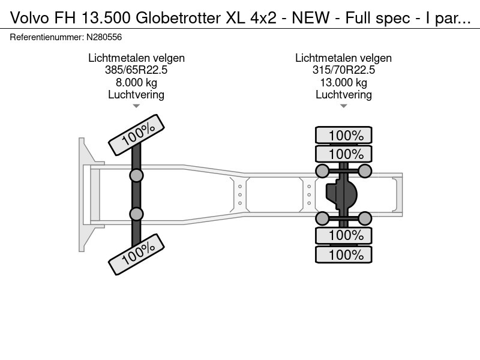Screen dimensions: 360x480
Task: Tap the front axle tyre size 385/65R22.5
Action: click(x=136, y=70)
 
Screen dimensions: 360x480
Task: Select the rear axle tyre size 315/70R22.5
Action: click(x=343, y=70)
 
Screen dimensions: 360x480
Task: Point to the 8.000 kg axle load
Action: click(x=136, y=82)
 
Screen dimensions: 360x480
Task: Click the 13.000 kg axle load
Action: click(x=343, y=82)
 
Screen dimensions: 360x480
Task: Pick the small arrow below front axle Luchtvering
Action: click(x=136, y=106)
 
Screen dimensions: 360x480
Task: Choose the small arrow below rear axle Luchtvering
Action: click(x=343, y=106)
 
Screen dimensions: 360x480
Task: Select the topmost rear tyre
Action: click(x=344, y=136)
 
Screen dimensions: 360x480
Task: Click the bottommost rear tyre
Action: click(x=344, y=254)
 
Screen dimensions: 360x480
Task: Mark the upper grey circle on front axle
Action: click(x=136, y=175)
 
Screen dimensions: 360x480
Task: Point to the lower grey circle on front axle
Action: click(x=136, y=214)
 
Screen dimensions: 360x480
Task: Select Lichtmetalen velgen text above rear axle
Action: click(x=343, y=58)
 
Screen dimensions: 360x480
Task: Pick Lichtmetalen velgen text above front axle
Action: click(x=136, y=58)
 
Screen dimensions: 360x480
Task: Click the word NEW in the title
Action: click(x=310, y=19)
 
